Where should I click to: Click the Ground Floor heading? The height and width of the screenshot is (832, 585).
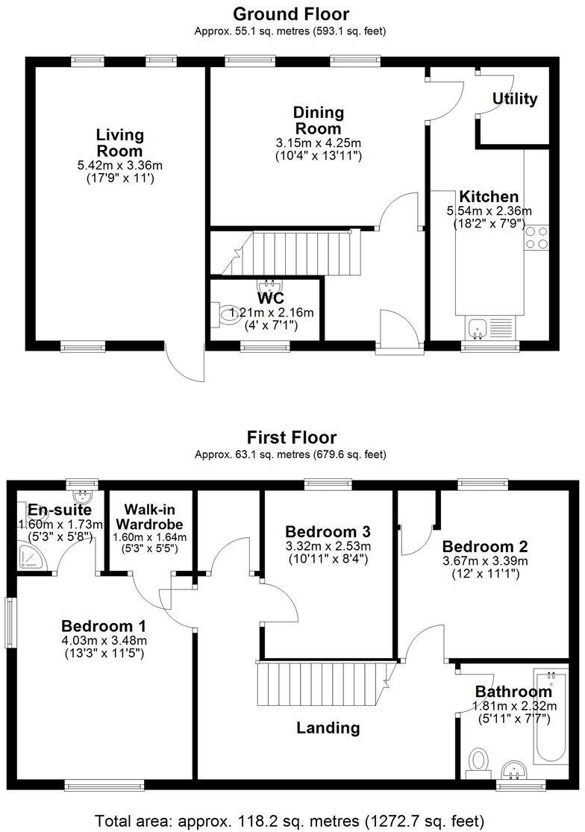(291, 13)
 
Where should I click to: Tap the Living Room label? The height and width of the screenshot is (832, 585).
(119, 143)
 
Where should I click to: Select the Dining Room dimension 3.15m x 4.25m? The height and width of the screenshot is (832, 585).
(318, 143)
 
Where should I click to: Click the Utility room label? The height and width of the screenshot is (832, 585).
(515, 99)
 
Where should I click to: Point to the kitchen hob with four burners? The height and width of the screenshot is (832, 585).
(536, 238)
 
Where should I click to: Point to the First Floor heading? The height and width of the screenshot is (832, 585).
(292, 437)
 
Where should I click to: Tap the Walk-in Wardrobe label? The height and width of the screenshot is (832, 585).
(149, 517)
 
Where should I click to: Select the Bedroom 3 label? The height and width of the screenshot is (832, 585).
(328, 532)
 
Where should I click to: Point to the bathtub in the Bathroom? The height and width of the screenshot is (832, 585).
(551, 716)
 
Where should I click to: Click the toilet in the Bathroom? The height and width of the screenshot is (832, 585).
(478, 761)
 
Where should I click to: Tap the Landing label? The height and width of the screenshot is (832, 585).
(328, 728)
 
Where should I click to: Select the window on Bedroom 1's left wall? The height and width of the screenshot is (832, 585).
(10, 622)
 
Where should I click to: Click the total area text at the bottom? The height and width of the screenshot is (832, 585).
(292, 820)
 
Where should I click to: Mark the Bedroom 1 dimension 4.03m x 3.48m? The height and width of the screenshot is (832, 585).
(104, 639)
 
